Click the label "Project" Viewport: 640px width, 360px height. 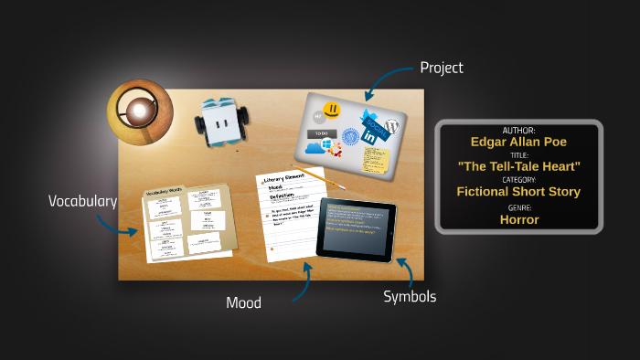(x=441, y=68)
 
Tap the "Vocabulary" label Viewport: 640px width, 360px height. (x=82, y=201)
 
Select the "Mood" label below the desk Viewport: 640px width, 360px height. (x=243, y=302)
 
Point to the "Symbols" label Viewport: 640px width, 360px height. (x=409, y=296)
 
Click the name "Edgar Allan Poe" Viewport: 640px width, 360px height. (x=518, y=142)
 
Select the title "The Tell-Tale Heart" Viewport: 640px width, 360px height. (x=518, y=166)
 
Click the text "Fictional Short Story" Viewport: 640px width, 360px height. (x=518, y=192)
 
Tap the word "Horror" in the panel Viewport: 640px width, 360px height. (x=518, y=219)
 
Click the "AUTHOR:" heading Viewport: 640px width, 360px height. (x=518, y=131)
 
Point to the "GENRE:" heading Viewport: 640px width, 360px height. (x=518, y=207)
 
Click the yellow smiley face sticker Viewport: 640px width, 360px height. (x=332, y=110)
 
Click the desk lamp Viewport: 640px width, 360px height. (x=139, y=111)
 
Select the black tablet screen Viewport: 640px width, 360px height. (x=357, y=229)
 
